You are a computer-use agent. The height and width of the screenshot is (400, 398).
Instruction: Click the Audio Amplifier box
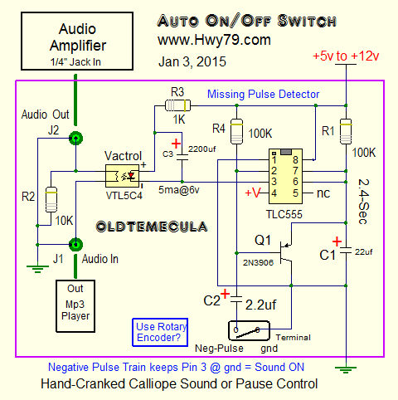coord(77,41)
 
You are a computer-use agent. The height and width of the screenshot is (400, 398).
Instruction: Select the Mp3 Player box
coord(75,306)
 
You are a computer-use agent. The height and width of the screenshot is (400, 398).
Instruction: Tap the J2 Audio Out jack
coord(75,138)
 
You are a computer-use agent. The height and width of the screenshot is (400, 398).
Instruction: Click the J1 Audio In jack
coord(75,245)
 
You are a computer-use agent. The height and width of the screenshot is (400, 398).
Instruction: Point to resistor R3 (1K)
coord(177,105)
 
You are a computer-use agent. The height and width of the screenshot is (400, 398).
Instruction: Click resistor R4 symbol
coord(236,131)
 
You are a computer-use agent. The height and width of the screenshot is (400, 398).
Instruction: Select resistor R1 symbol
coord(346,131)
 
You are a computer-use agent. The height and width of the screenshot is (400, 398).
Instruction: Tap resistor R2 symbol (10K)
coord(51,199)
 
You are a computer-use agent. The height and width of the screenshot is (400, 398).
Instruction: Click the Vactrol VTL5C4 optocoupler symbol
coord(123,176)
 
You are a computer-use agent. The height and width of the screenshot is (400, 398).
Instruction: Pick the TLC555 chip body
coord(285,176)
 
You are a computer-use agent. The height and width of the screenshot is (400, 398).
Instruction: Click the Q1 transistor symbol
coord(284,252)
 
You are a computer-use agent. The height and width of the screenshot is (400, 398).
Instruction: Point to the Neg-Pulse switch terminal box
coord(249,330)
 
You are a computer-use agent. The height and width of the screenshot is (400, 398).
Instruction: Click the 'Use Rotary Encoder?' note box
coord(160,332)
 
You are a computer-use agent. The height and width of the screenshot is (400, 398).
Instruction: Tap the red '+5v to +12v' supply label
coord(346,56)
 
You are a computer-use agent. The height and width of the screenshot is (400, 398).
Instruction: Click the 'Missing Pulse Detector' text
coord(263,95)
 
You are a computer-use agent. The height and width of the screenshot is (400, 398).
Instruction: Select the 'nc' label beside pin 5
coord(323,193)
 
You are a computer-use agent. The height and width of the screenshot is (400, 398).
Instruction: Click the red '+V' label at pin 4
coord(253,193)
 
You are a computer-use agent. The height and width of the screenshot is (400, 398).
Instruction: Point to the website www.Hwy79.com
coord(214,41)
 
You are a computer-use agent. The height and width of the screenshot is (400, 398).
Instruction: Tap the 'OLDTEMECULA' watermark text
coord(152,227)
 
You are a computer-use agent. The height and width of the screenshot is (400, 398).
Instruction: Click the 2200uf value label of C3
coord(202,149)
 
